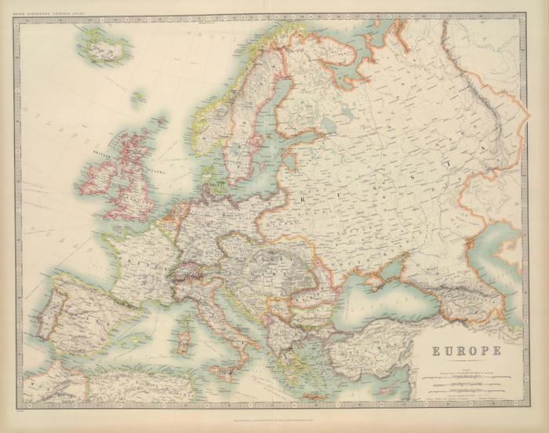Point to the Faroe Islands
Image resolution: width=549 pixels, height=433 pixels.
138,97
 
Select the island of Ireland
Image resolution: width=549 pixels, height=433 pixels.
100,179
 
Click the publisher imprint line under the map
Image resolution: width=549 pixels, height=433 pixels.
274,415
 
